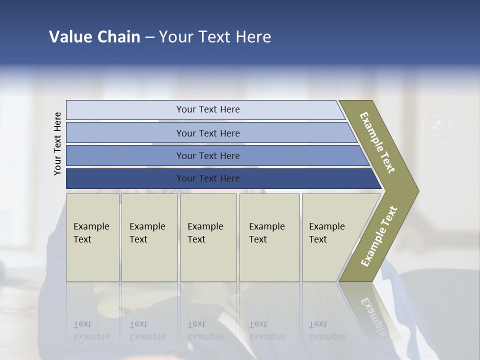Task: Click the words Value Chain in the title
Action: click(94, 37)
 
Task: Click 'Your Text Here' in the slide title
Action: click(215, 37)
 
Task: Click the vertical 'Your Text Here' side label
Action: click(57, 144)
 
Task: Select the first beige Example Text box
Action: click(93, 237)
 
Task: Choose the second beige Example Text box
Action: click(149, 237)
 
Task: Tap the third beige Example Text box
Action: click(208, 237)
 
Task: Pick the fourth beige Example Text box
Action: click(269, 237)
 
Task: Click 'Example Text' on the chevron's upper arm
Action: click(377, 142)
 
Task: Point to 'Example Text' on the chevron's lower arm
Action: click(378, 236)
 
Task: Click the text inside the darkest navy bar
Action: click(208, 178)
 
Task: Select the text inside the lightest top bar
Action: click(208, 109)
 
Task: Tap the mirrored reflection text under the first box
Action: click(91, 330)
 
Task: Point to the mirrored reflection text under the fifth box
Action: click(326, 330)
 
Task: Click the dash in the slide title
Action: click(149, 37)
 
